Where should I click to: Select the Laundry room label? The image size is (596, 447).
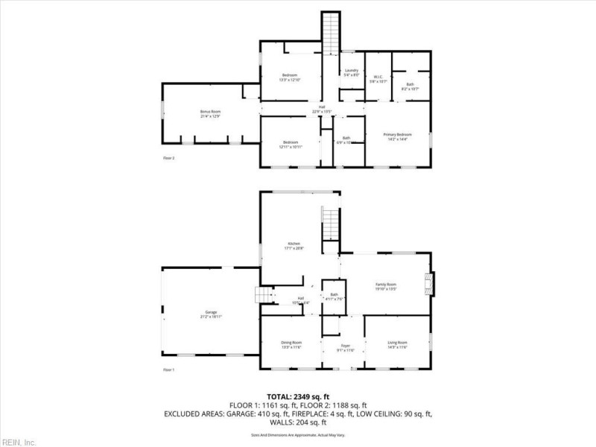pyautogui.click(x=352, y=72)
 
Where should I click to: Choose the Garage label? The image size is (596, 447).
pyautogui.click(x=211, y=314)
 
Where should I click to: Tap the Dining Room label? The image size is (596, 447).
pyautogui.click(x=291, y=343)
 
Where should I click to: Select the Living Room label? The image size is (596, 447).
pyautogui.click(x=397, y=343)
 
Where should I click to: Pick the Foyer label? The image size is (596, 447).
pyautogui.click(x=346, y=346)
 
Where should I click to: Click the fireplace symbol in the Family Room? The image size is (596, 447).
pyautogui.click(x=429, y=283)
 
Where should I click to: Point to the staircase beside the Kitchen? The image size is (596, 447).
pyautogui.click(x=330, y=223)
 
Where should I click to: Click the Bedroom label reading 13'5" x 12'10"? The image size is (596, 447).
pyautogui.click(x=290, y=77)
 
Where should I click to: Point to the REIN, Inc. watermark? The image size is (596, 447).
pyautogui.click(x=19, y=442)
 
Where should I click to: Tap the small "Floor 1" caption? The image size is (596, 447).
pyautogui.click(x=168, y=370)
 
